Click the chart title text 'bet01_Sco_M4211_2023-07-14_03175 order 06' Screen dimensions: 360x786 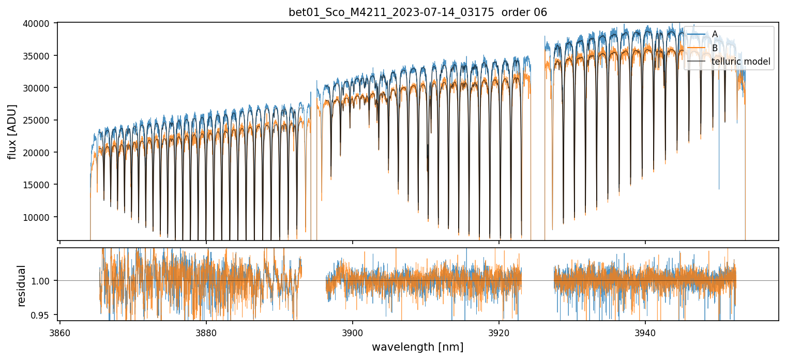(x=417, y=12)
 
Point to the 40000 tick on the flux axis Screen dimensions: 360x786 (x=38, y=24)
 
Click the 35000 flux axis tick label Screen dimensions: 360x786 (x=38, y=56)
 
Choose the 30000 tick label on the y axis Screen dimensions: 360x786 (x=38, y=88)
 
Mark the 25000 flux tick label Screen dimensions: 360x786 (x=38, y=121)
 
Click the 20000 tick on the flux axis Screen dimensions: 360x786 (x=38, y=153)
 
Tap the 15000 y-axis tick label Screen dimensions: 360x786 (x=38, y=185)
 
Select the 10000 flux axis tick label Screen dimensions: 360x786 (x=38, y=217)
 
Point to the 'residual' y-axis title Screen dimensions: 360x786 (x=22, y=286)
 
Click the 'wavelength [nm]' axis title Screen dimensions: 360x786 (x=417, y=347)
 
